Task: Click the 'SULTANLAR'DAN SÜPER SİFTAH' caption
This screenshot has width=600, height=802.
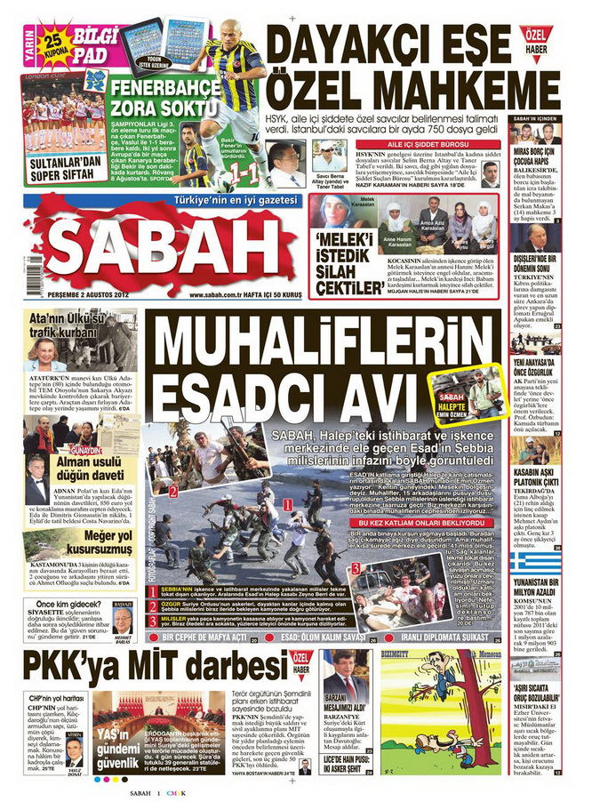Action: click(61, 167)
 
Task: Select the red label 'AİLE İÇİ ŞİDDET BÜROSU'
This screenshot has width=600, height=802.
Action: click(407, 142)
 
